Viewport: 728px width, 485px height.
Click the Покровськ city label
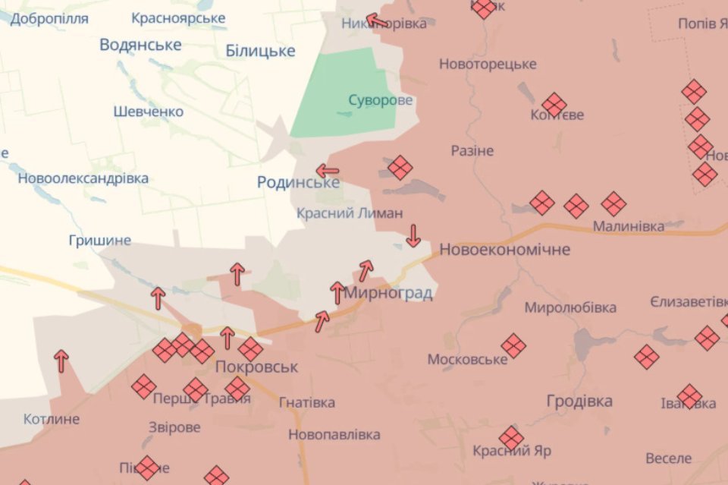point(256,367)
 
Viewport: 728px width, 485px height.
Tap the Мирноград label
point(388,293)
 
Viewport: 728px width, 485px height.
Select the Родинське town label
point(298,182)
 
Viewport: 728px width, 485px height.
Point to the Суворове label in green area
point(381,100)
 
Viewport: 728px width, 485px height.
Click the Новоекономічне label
point(504,249)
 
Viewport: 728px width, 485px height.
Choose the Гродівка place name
point(579,402)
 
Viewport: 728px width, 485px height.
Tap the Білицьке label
point(260,51)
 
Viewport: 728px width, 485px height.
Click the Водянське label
point(140,45)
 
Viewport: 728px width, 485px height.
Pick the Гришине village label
point(99,241)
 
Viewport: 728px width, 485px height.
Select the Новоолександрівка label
point(83,179)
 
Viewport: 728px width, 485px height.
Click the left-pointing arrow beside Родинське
point(328,171)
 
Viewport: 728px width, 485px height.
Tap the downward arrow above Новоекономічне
point(413,235)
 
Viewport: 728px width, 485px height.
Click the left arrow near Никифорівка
point(377,20)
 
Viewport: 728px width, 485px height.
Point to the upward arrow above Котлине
point(61,360)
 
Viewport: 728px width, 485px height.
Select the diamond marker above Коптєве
point(554,105)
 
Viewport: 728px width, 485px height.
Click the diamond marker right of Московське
point(513,345)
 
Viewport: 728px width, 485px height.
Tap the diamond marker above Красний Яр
point(511,438)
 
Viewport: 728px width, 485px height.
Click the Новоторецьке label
point(488,65)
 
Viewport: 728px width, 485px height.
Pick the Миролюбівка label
point(570,307)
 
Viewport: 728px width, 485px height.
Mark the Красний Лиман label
point(350,213)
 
